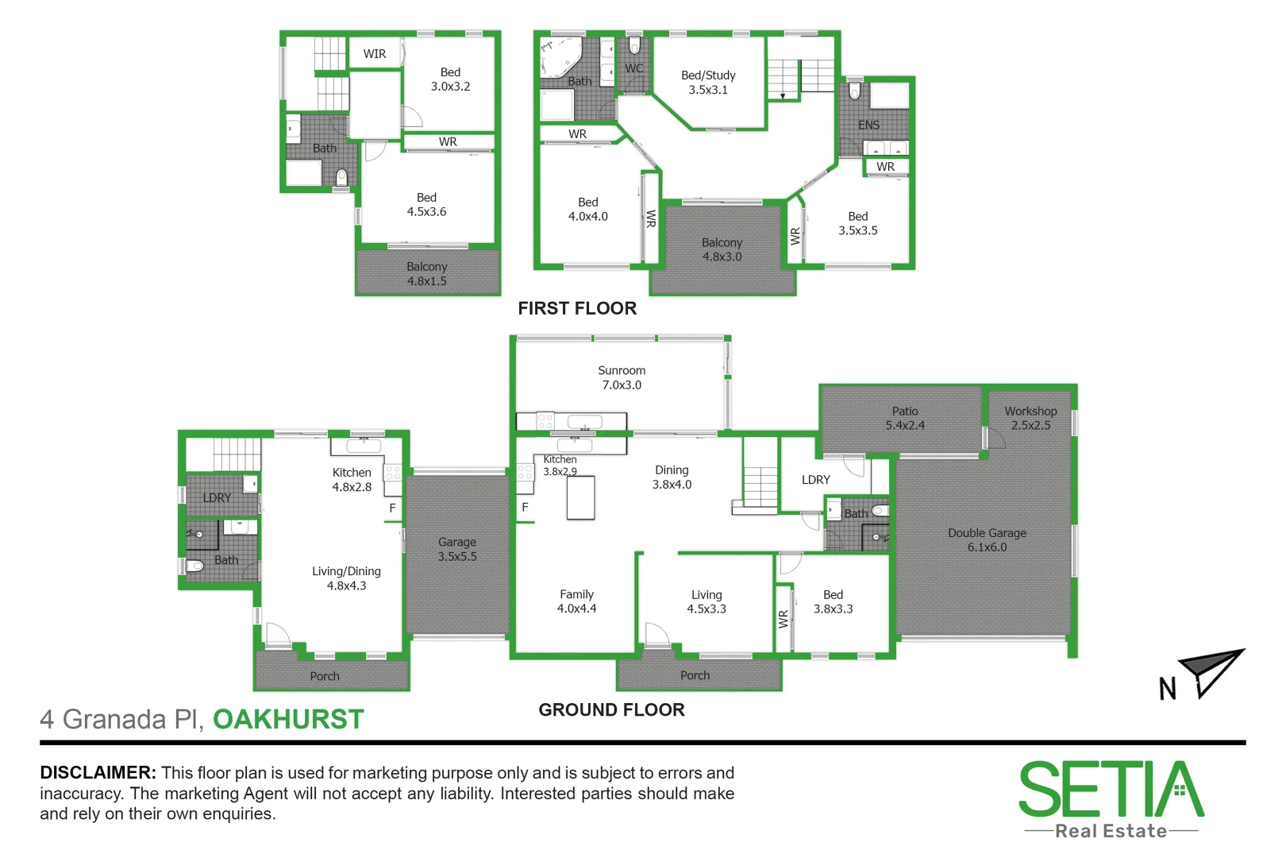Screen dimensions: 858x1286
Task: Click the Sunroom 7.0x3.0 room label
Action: coord(622,377)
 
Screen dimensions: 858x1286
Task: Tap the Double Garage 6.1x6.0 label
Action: coord(987,540)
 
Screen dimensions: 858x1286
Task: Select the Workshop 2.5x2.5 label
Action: coord(1030,418)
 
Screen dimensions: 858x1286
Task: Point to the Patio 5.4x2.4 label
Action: coord(905,418)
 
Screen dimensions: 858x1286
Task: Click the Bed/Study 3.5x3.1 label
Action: coord(708,83)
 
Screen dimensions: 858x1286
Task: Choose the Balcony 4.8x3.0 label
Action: coord(722,249)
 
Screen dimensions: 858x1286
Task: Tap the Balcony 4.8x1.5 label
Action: coord(427,274)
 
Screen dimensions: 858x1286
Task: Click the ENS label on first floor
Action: coord(868,125)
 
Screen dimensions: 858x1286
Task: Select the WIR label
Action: coord(375,54)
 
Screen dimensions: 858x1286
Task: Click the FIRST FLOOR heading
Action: coord(577,308)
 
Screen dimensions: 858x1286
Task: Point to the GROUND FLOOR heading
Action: coord(611,710)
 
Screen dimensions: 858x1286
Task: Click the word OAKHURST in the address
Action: coord(288,719)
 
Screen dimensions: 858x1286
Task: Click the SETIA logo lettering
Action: coord(1111,790)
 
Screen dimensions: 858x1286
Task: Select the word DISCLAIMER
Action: coord(98,773)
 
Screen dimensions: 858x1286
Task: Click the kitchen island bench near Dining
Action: coord(580,498)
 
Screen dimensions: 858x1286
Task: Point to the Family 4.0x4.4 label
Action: coord(576,601)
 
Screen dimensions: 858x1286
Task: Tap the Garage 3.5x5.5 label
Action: coord(457,549)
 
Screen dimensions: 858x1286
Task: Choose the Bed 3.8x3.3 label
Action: coord(833,601)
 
